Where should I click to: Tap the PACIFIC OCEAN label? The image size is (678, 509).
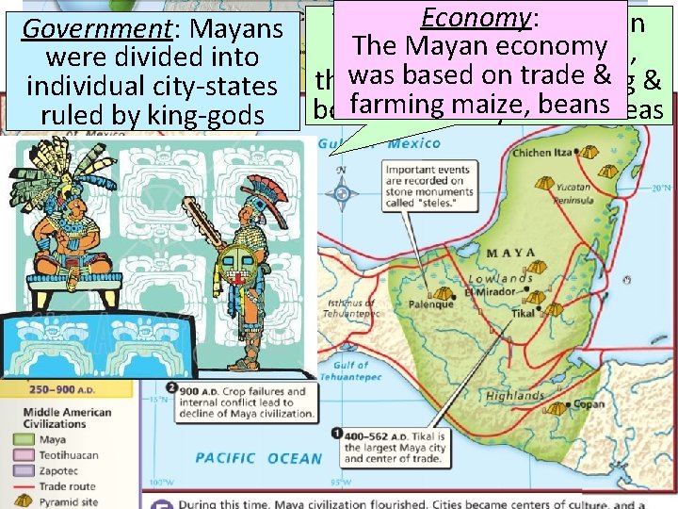coord(257,458)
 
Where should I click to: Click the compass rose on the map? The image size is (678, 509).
coord(341,191)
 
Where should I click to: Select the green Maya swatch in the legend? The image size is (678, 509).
coord(23,438)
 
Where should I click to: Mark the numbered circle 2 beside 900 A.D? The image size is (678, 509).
coord(171,388)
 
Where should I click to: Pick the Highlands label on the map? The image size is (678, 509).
coord(517,396)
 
